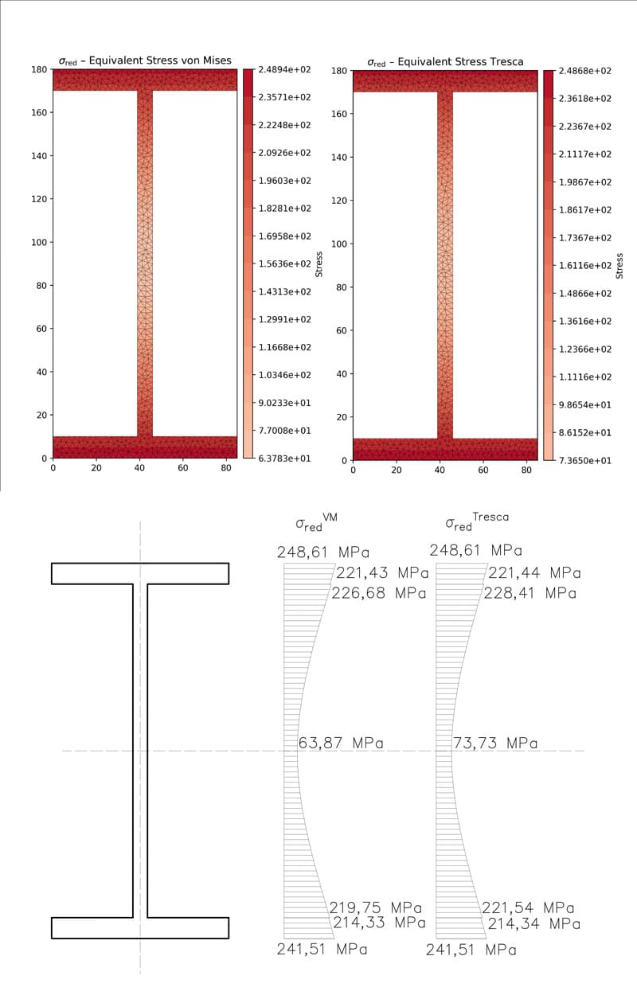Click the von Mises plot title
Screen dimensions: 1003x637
(145, 60)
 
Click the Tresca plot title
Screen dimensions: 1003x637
(445, 61)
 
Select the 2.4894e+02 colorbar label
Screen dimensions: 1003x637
(284, 70)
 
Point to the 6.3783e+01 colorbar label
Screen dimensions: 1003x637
(284, 458)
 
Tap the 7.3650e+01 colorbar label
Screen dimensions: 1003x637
(585, 460)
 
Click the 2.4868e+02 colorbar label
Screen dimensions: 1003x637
(585, 71)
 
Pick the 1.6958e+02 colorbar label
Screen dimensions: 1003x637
(284, 236)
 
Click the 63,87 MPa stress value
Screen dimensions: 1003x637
(341, 743)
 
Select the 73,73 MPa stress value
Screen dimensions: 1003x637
(495, 743)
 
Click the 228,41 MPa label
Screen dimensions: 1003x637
(530, 593)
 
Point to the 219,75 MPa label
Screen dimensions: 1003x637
(375, 907)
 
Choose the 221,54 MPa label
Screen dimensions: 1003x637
(527, 907)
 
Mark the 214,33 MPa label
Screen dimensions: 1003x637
(379, 923)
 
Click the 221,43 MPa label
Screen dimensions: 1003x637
(382, 573)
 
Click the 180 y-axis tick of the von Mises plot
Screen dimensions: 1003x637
(39, 69)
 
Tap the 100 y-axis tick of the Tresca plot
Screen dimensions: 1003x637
(339, 244)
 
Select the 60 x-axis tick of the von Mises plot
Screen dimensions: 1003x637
(183, 468)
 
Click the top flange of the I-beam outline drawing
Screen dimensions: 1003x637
(140, 573)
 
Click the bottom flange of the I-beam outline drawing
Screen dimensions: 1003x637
(140, 928)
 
